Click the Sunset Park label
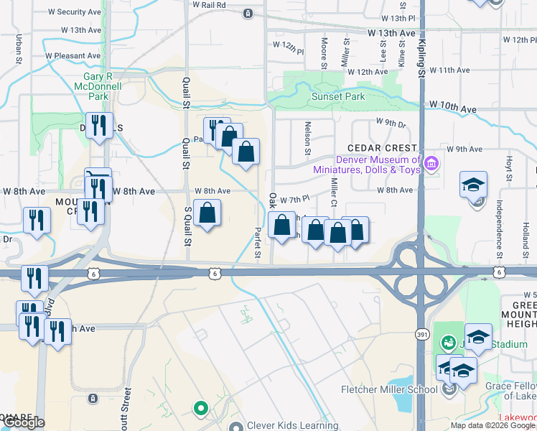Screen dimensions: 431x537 [337, 96]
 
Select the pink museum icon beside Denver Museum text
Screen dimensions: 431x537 [431, 164]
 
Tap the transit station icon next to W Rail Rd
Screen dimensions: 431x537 [248, 13]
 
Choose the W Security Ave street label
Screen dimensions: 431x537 [74, 12]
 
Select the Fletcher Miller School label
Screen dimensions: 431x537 [388, 390]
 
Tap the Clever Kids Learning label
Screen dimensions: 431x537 [282, 425]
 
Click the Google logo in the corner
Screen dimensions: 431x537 [24, 422]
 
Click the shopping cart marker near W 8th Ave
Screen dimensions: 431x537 [98, 177]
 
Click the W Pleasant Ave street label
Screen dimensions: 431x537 [73, 55]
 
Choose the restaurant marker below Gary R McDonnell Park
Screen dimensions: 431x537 [99, 125]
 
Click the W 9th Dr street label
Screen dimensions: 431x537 [391, 123]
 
